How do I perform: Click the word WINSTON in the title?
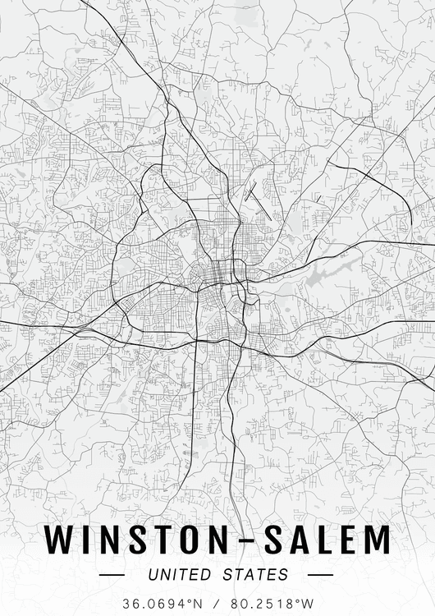point(132,540)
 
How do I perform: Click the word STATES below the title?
point(256,574)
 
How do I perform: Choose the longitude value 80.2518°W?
point(272,604)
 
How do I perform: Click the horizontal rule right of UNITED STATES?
point(321,575)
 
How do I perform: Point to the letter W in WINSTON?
point(59,540)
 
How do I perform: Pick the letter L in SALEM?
point(323,540)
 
